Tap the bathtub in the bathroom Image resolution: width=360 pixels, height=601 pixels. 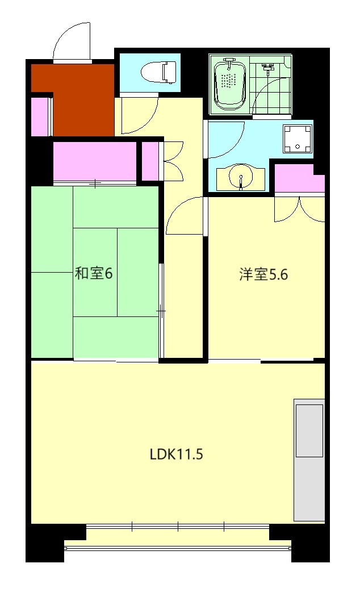(229, 84)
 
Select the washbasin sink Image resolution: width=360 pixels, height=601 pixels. (241, 178)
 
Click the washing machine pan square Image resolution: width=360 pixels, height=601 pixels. (298, 139)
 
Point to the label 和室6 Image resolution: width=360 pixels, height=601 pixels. (94, 273)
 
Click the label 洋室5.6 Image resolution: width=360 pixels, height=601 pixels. (264, 275)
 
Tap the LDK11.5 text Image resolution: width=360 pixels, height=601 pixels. (177, 454)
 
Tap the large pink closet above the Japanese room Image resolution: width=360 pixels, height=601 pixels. (95, 161)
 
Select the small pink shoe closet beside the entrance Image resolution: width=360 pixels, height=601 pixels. (40, 117)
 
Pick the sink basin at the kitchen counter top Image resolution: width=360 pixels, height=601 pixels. (309, 430)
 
